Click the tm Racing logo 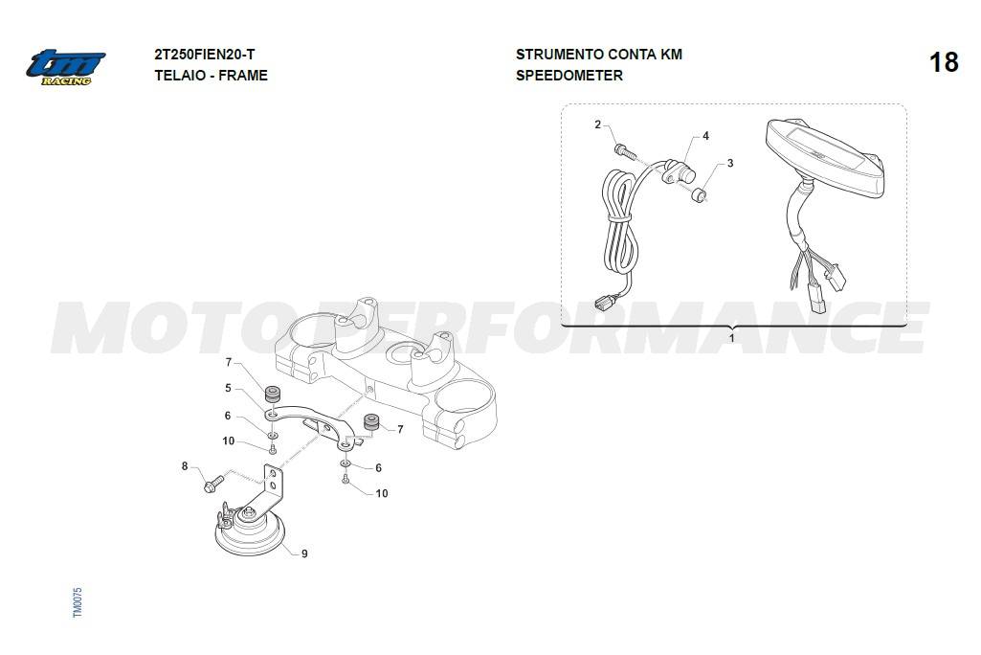coord(65,67)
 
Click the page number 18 coord(944,62)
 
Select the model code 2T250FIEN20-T coord(205,55)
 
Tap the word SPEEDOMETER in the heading coord(569,76)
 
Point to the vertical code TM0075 coord(78,601)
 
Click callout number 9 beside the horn coord(304,553)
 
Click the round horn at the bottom coord(250,531)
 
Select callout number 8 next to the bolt coord(185,466)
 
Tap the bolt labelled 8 coord(213,483)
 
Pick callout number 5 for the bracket coord(229,388)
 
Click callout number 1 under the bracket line coord(731,338)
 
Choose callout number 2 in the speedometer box coord(597,124)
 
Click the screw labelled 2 coord(624,151)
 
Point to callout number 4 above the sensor coord(705,136)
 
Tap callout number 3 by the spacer coord(729,164)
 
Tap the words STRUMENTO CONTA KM coord(599,55)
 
